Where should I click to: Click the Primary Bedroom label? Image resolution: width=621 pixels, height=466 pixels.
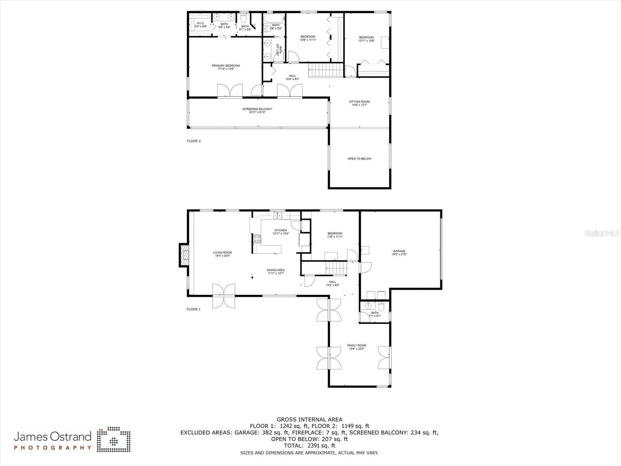point(226,67)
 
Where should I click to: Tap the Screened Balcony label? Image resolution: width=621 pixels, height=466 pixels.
point(257,111)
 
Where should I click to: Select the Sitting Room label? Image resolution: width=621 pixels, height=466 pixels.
point(359,103)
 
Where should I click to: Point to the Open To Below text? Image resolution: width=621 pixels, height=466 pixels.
point(359,159)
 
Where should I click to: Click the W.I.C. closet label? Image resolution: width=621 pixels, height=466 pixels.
point(201,24)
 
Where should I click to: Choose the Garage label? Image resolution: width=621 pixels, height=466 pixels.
point(399,253)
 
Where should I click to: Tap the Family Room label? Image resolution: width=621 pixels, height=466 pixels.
point(357,347)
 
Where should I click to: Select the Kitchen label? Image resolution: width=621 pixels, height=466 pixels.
point(280,232)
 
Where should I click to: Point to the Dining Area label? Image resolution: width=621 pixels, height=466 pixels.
point(276,271)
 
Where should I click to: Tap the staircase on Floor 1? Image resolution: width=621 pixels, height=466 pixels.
point(335,267)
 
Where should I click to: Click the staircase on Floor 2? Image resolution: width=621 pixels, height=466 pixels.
point(326,70)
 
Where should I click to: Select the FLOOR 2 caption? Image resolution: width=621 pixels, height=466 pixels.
point(194,141)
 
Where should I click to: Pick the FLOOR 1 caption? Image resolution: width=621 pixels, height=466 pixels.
point(194,309)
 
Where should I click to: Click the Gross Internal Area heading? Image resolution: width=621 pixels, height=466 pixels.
point(309,419)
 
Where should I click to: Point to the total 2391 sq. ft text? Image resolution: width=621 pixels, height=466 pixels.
point(309,446)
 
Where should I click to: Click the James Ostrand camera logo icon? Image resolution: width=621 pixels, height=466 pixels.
point(113,440)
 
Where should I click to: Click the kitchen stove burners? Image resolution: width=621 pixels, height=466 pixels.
point(257,238)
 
